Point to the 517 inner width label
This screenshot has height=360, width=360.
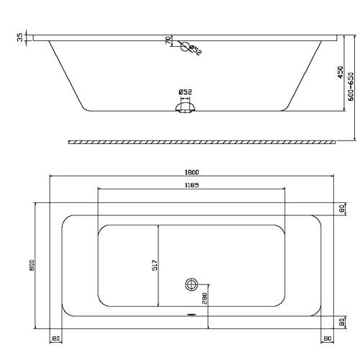154,265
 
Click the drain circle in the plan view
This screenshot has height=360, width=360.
192,283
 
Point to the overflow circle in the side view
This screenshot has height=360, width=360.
185,49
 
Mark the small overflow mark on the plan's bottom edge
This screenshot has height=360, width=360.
192,315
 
